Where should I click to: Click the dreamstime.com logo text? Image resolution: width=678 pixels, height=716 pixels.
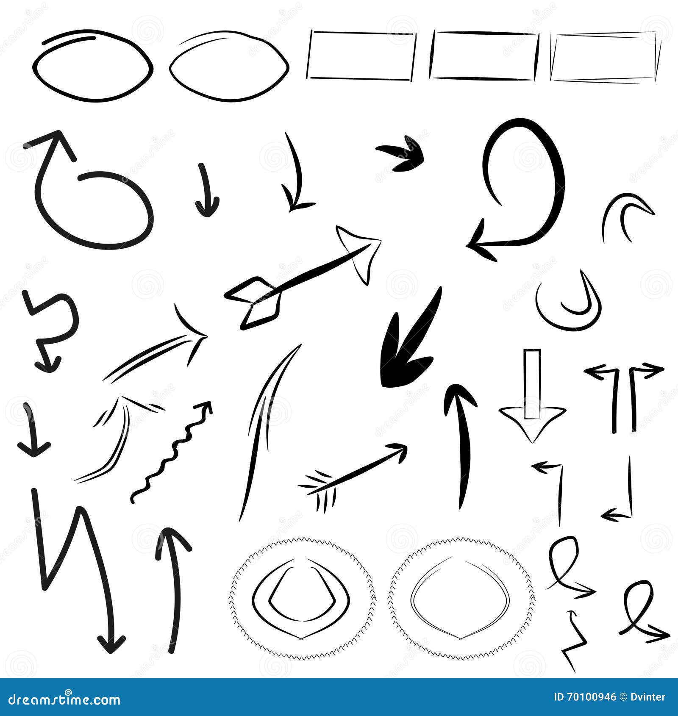click(64, 699)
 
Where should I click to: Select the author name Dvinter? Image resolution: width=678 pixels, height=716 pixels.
click(649, 697)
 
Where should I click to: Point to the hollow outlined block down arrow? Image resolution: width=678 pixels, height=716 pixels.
click(532, 402)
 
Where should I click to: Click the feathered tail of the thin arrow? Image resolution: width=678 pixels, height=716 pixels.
click(318, 487)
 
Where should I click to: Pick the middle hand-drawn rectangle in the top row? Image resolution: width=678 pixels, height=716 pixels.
click(484, 56)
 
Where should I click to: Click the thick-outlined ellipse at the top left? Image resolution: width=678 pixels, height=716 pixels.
click(92, 66)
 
